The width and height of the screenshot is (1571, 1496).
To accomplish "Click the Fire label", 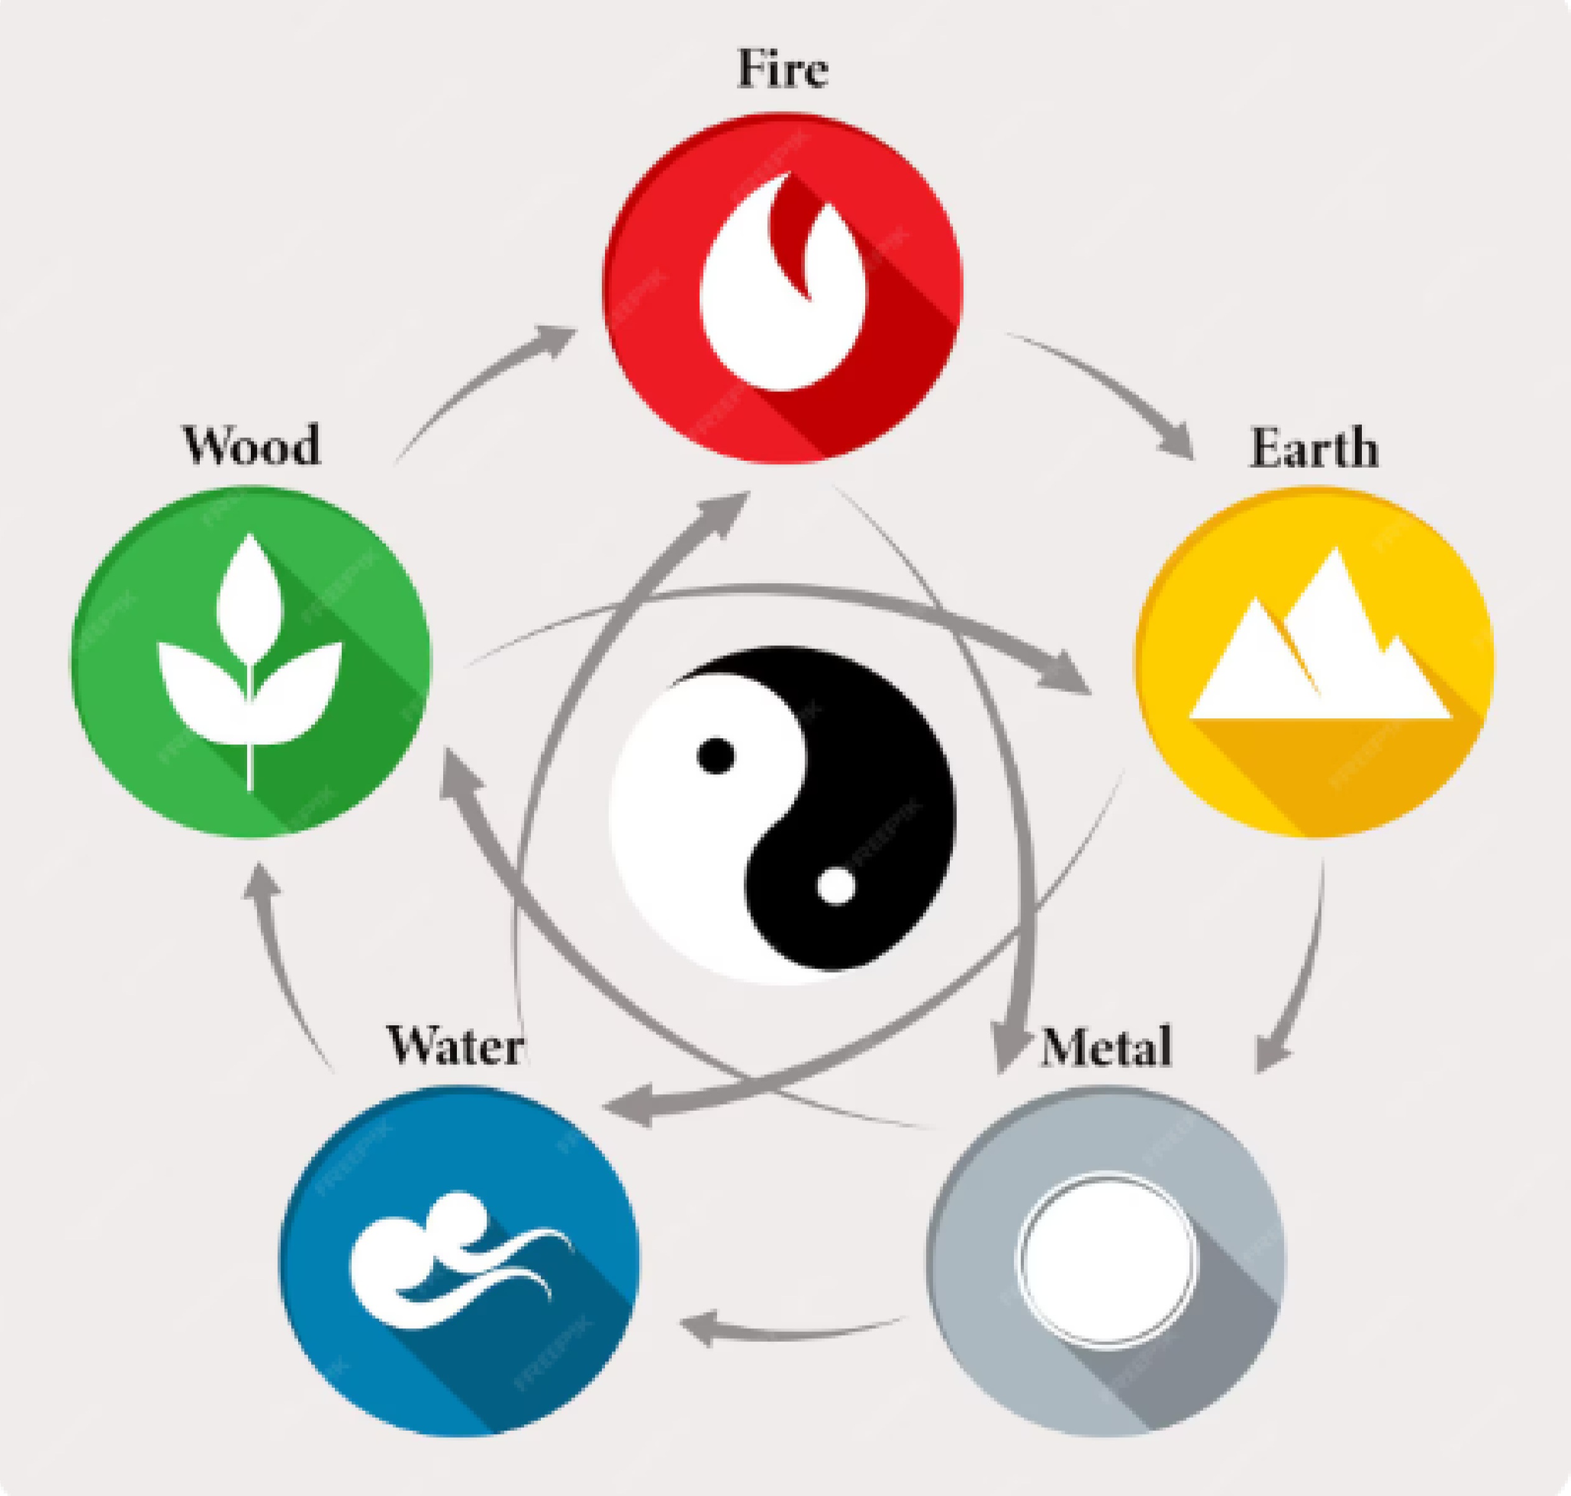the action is [x=782, y=68].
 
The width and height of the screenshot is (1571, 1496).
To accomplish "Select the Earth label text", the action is [x=1313, y=448].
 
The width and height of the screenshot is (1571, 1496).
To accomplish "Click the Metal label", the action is [x=1106, y=1047].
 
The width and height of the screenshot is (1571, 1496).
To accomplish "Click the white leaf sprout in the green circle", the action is [x=250, y=662].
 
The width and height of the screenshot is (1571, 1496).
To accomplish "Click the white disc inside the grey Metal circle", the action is [x=1106, y=1258].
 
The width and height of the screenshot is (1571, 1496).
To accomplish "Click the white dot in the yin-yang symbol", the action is [x=837, y=885].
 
